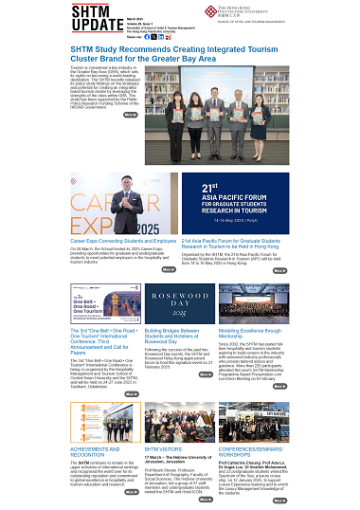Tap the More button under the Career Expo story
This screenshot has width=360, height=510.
click(x=169, y=270)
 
